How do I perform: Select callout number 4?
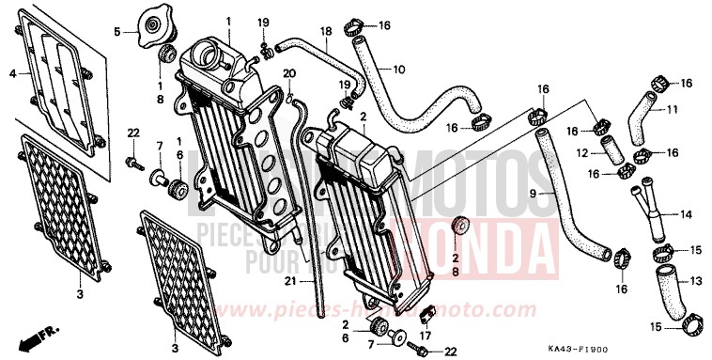[13, 72]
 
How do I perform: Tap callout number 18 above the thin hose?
[326, 32]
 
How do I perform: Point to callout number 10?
[398, 69]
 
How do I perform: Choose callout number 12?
[583, 152]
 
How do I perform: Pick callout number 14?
[686, 215]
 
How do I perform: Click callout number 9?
[532, 194]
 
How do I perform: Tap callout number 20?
[289, 73]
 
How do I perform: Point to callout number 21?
[289, 279]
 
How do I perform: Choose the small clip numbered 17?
[424, 314]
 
